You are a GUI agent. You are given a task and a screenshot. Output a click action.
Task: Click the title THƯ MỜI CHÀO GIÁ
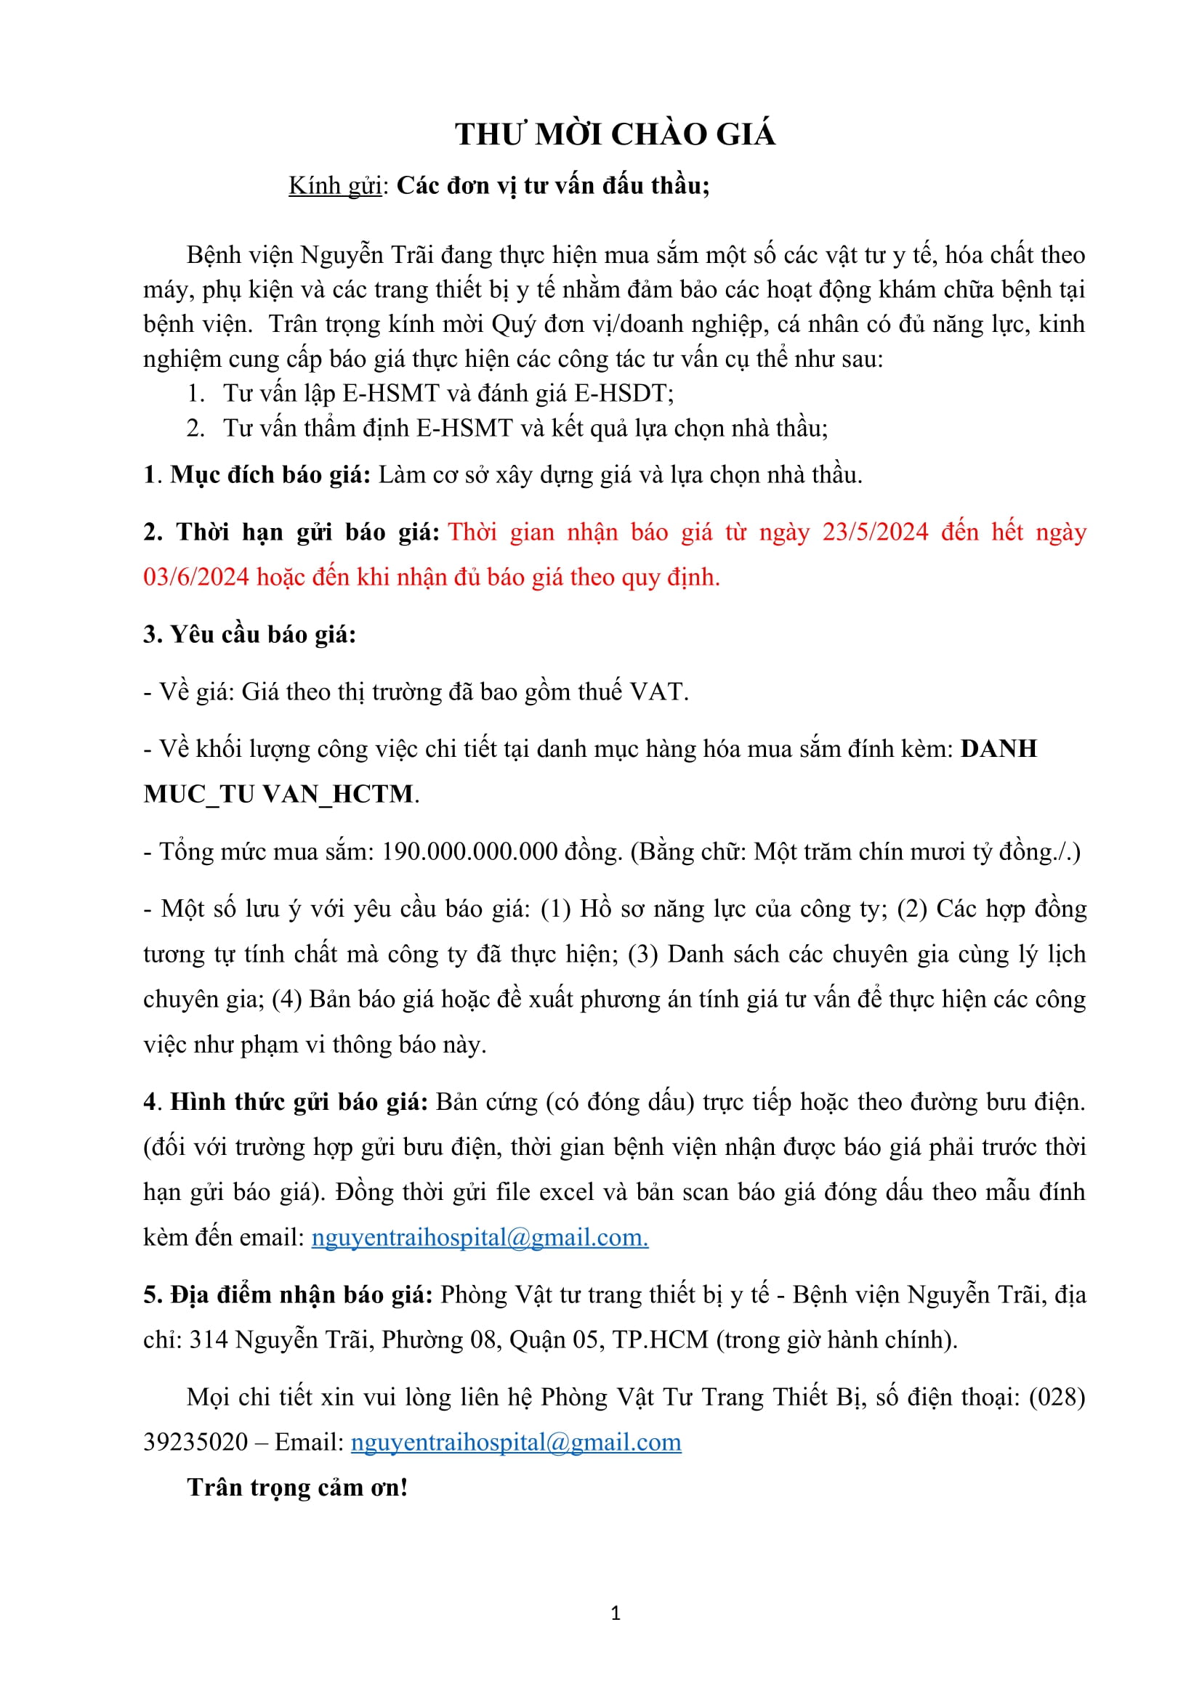(x=615, y=134)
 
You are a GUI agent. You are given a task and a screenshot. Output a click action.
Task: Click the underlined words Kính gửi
(x=334, y=186)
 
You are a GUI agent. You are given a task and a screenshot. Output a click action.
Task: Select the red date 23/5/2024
(x=875, y=532)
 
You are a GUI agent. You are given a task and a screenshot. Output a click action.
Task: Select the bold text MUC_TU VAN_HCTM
(x=279, y=794)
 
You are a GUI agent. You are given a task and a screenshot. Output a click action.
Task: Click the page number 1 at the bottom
(x=616, y=1613)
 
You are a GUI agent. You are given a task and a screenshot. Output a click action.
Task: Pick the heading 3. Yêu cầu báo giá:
(x=250, y=634)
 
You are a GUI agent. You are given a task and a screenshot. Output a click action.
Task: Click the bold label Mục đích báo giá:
(x=270, y=475)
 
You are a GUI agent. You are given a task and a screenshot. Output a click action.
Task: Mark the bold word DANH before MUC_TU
(x=999, y=749)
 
